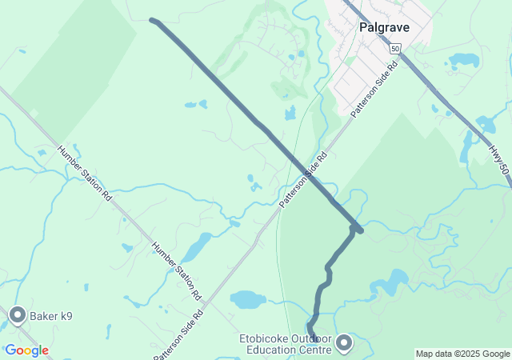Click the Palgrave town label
click(384, 27)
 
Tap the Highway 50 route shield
click(395, 48)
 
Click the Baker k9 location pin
click(18, 317)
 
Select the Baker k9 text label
click(51, 317)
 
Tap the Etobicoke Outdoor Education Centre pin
click(345, 343)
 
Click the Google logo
click(26, 350)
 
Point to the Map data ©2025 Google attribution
click(462, 354)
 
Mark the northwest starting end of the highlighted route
click(152, 20)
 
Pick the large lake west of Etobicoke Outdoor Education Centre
click(248, 300)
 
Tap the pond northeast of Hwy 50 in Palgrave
click(464, 60)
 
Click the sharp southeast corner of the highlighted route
click(361, 231)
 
